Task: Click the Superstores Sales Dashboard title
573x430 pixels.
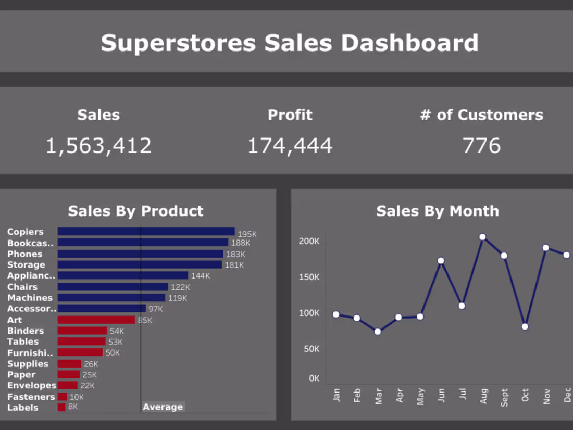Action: [x=289, y=43]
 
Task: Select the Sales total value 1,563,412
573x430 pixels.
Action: [x=98, y=146]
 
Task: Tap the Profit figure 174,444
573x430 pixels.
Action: [x=290, y=146]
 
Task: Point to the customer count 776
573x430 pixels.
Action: [x=481, y=146]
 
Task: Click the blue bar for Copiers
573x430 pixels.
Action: [x=146, y=232]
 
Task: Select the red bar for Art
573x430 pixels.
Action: [x=96, y=320]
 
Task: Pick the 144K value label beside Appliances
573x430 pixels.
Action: [x=201, y=276]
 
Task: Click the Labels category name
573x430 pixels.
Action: [x=22, y=408]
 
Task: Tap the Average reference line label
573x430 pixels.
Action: [x=163, y=407]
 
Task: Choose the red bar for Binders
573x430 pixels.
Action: [x=82, y=331]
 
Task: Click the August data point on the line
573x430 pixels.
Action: [x=483, y=237]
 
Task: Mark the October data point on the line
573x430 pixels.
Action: [x=525, y=327]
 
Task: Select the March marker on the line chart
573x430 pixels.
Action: [x=378, y=332]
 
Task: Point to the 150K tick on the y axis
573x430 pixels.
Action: [x=309, y=277]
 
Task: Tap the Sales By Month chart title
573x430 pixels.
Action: [x=437, y=211]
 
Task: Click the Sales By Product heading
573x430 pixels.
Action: [x=135, y=211]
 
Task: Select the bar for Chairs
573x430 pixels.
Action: [x=113, y=287]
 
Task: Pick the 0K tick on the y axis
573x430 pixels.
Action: [x=314, y=378]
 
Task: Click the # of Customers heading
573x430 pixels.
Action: [x=481, y=115]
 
